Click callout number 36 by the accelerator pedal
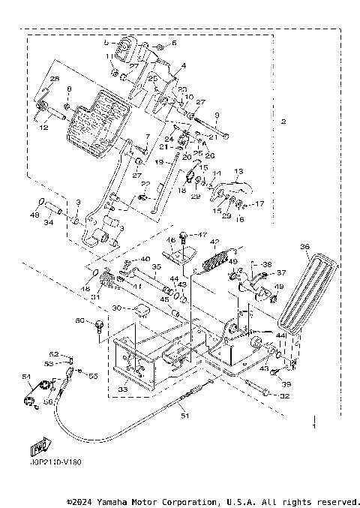[x=304, y=245]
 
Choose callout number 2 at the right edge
[x=283, y=122]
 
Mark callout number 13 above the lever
[x=238, y=171]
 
